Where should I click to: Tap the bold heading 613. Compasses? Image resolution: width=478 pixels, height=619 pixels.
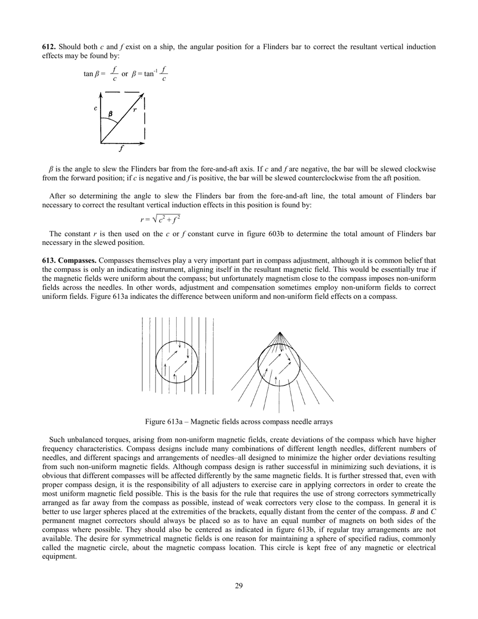point(69,260)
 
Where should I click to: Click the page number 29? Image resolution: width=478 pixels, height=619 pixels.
point(239,585)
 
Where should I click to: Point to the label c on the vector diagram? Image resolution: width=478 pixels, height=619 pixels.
point(95,108)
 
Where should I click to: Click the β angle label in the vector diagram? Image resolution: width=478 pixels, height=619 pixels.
point(110,114)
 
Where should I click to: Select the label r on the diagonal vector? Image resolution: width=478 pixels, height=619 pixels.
point(135,109)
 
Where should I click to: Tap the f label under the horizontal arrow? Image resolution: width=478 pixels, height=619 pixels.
point(121,149)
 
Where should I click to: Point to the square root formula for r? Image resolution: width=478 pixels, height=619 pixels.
point(160,219)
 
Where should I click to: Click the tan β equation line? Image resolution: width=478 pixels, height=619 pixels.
point(126,74)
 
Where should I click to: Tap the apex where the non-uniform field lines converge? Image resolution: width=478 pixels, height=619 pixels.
point(280,332)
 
